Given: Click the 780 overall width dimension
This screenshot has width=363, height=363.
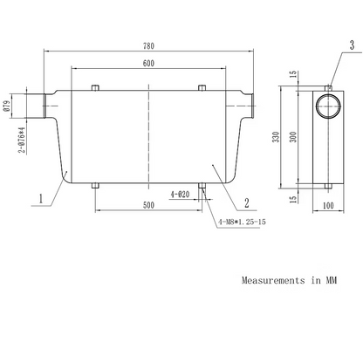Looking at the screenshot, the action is (x=148, y=46).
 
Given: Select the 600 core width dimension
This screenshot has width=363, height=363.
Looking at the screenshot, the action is (x=148, y=63).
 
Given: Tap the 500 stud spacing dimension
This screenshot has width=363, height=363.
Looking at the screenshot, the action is (x=148, y=205).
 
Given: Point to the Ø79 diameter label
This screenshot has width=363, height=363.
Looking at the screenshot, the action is (x=7, y=106).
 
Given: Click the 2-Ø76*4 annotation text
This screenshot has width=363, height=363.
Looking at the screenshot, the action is (x=22, y=140).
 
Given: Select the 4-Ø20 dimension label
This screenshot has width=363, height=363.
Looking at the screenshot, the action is (x=180, y=195).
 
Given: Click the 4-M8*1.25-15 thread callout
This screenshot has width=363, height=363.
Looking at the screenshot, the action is (x=242, y=222).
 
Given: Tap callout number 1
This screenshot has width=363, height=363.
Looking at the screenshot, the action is (x=41, y=198).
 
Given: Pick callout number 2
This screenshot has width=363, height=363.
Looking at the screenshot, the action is (x=247, y=202).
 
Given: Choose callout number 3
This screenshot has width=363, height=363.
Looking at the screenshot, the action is (x=352, y=45).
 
